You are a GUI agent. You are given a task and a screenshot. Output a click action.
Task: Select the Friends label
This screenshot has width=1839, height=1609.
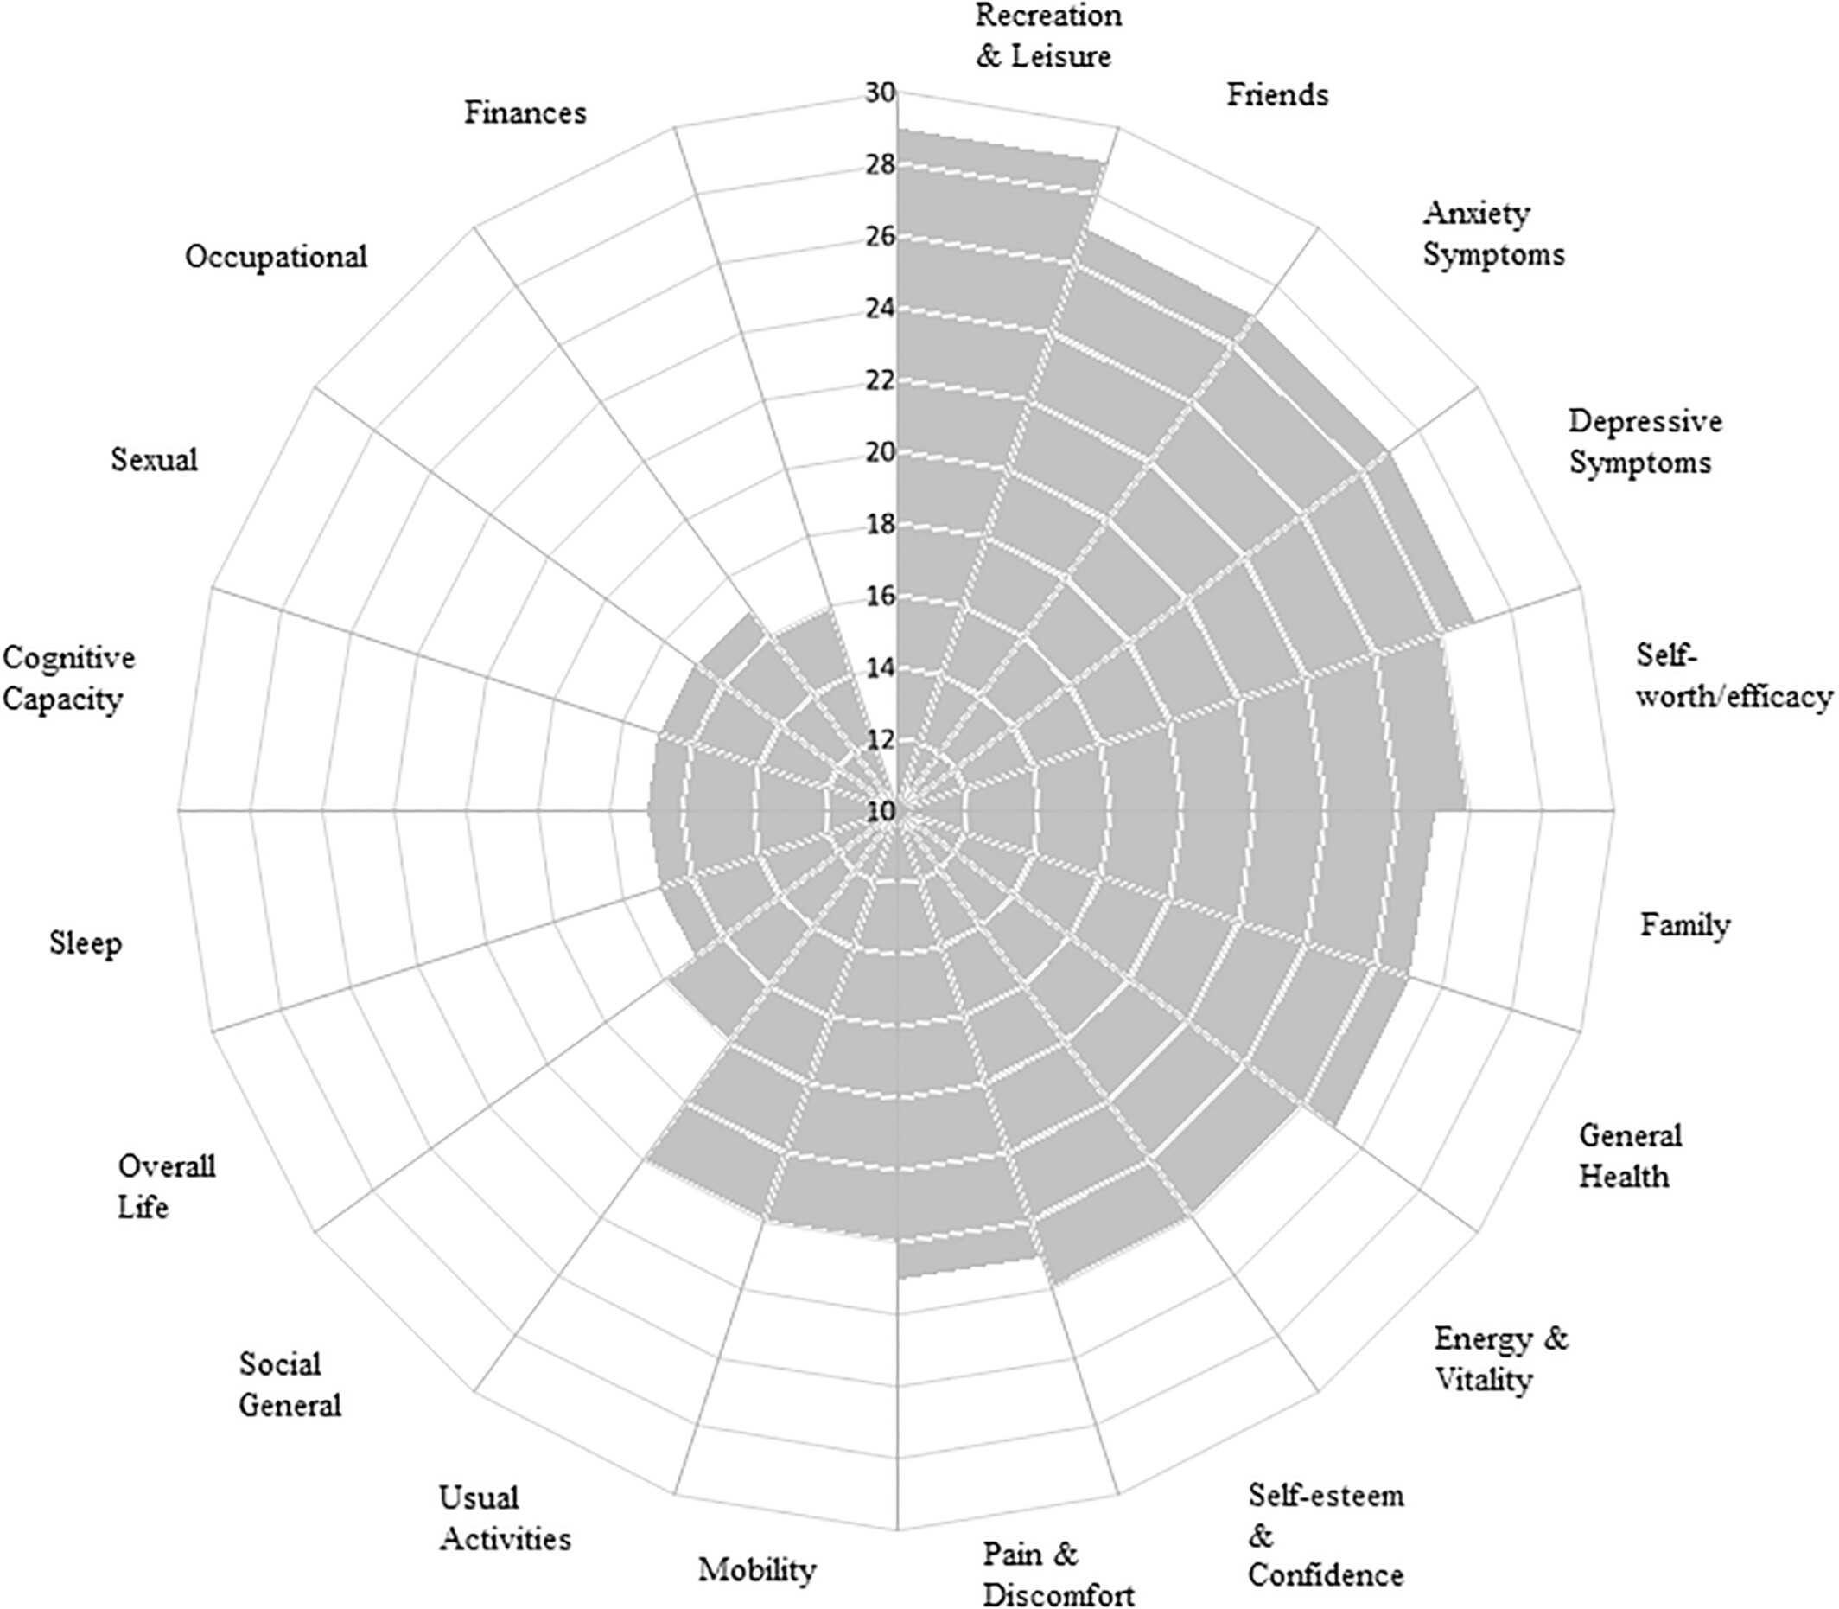coord(1277,94)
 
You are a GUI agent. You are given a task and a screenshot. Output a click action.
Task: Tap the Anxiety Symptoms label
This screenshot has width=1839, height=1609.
coord(1493,234)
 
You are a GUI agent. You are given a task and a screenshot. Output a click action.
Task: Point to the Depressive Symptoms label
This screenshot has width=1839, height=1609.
coord(1645,442)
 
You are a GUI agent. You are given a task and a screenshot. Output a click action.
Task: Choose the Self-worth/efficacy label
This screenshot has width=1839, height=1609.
coord(1733,675)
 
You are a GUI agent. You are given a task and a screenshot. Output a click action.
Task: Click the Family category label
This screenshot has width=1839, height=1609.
coord(1684,925)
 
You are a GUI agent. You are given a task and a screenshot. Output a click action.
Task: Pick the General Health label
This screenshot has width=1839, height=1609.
coord(1630,1155)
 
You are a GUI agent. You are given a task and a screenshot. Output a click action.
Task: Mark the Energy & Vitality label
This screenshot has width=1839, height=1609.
coord(1500,1357)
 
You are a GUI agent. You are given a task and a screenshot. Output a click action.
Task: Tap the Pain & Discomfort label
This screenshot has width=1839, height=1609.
coord(1059,1571)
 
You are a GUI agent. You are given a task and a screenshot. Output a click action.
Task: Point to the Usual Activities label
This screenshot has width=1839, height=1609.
coord(505,1517)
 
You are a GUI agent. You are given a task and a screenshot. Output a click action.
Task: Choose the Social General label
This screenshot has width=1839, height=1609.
coord(290,1383)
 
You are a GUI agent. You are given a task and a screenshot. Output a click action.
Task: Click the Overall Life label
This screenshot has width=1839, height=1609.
coord(167,1186)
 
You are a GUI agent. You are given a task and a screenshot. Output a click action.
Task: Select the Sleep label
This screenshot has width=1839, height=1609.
coord(86,943)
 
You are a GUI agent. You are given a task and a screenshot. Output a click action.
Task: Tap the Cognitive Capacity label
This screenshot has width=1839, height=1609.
coord(68,677)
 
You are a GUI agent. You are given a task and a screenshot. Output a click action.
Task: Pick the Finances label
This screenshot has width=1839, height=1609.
coord(525,112)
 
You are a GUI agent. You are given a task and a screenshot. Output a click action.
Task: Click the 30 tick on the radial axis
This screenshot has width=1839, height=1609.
coord(880,93)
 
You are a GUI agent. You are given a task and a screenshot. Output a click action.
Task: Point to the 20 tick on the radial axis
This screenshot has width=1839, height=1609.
coord(880,452)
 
